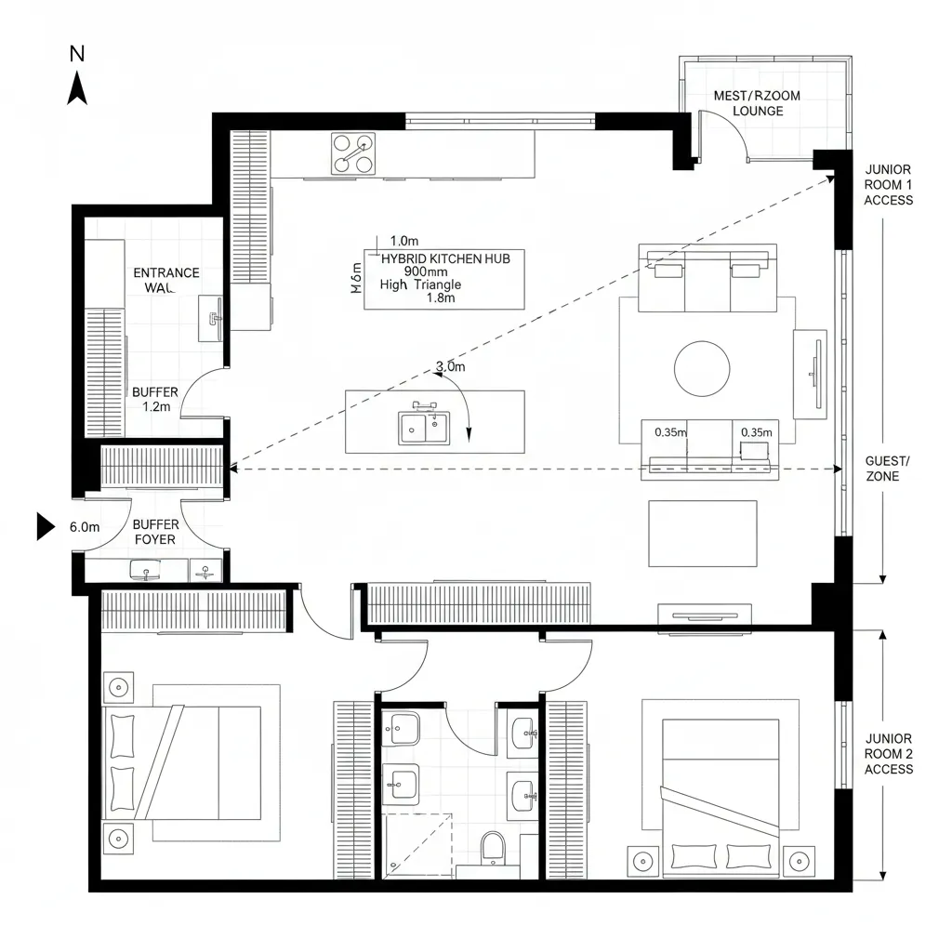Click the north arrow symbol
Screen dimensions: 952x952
coord(77,89)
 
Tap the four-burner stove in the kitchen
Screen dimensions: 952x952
coord(353,153)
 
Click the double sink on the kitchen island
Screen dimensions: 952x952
coord(424,428)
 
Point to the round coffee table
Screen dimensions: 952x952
coord(702,368)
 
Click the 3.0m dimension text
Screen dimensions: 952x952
coord(450,366)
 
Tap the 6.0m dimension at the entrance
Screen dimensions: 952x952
coord(85,527)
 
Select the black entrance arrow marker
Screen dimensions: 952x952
coord(46,526)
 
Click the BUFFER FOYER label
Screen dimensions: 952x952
coord(155,532)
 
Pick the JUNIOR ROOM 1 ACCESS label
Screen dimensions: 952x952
coord(888,185)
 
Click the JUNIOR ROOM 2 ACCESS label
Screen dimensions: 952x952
coord(888,753)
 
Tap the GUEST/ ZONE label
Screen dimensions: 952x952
coord(888,469)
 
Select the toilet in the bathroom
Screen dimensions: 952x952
coord(492,848)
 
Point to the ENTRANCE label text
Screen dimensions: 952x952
coord(166,272)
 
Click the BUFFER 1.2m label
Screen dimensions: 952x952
coord(155,399)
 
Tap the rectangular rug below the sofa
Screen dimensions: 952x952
coord(702,534)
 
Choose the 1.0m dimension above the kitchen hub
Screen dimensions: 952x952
coord(405,241)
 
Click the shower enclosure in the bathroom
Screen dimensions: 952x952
coord(418,844)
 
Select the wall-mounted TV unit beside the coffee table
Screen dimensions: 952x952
coord(810,369)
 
